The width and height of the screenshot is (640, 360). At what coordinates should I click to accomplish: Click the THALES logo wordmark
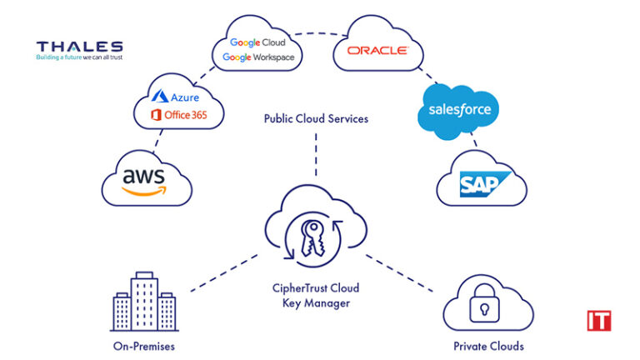pyautogui.click(x=79, y=47)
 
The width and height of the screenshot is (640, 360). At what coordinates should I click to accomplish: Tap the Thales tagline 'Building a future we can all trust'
pyautogui.click(x=79, y=59)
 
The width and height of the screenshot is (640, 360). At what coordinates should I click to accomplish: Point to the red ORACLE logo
pyautogui.click(x=377, y=51)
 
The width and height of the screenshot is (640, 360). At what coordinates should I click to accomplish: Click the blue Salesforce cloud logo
pyautogui.click(x=459, y=110)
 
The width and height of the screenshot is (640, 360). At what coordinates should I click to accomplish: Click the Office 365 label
pyautogui.click(x=179, y=114)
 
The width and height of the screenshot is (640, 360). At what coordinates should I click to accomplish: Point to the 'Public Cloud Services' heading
pyautogui.click(x=316, y=119)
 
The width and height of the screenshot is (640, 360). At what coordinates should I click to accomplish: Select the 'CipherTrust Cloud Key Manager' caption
pyautogui.click(x=316, y=295)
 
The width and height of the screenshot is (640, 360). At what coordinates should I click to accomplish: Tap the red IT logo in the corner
pyautogui.click(x=598, y=321)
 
